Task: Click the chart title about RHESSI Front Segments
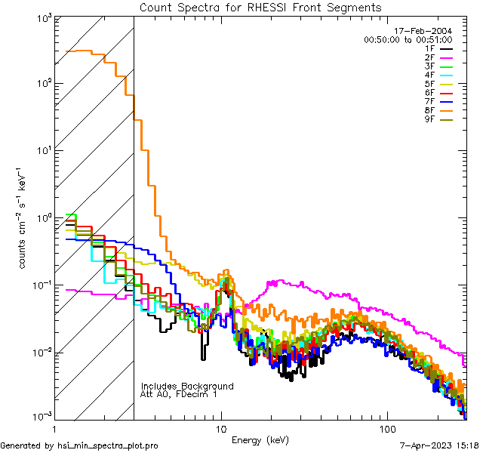[x=260, y=7]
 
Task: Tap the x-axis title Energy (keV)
[x=260, y=439]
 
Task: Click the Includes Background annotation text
[x=187, y=386]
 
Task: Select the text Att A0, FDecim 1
[x=179, y=394]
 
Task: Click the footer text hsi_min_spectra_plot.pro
[x=108, y=446]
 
